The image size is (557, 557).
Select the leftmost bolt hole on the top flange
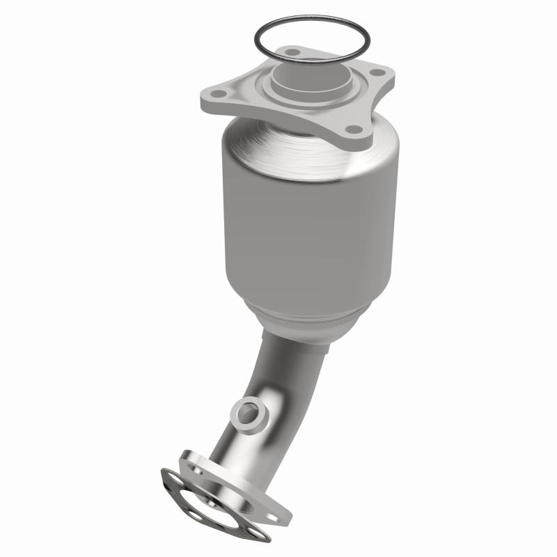pos(219,94)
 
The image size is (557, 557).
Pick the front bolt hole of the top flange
pos(354,129)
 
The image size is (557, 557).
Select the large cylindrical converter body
pos(310,223)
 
